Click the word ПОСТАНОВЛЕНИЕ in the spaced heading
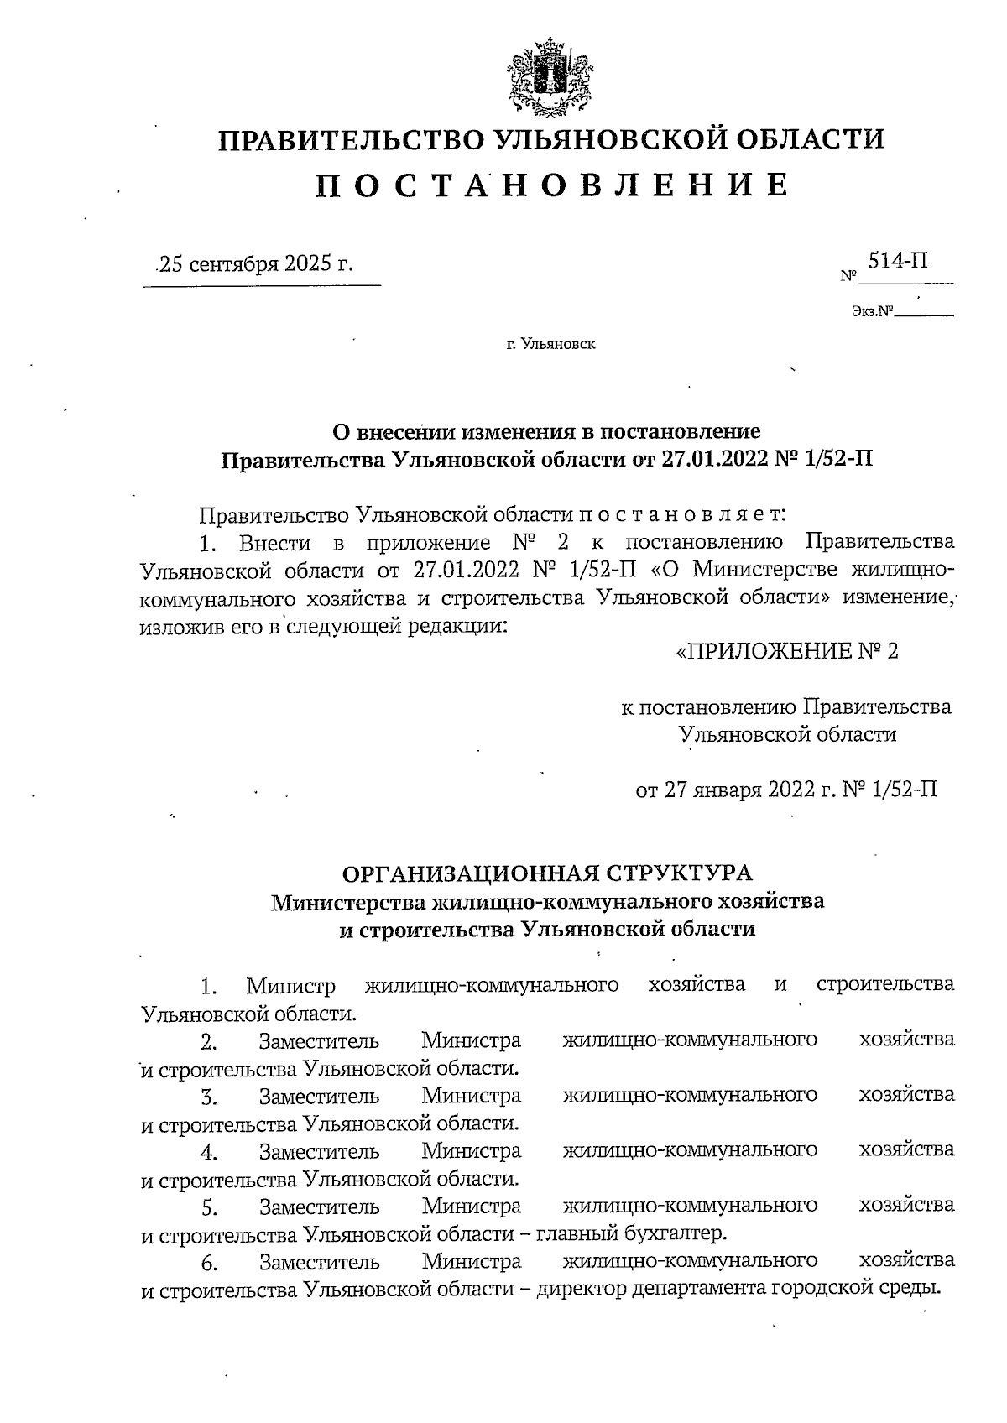[x=551, y=185]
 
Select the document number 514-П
[x=898, y=262]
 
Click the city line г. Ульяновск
[x=550, y=344]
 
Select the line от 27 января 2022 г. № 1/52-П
[x=786, y=790]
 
